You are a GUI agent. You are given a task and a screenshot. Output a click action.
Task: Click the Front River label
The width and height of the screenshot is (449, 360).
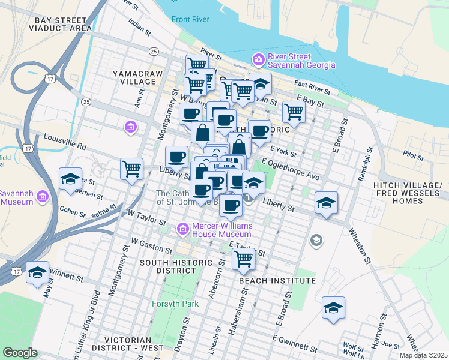pos(190,19)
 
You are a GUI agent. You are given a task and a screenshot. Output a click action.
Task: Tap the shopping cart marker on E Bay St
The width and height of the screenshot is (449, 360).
pos(294,111)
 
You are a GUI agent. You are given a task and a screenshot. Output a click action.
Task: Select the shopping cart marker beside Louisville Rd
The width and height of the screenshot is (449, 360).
pos(131,168)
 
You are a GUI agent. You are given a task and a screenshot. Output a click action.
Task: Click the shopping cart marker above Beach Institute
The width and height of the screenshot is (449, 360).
pos(243,259)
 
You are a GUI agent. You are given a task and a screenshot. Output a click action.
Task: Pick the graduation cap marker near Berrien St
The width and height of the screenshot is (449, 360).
pos(70,179)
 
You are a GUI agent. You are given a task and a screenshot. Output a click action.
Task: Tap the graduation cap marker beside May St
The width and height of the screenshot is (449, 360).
pos(37,273)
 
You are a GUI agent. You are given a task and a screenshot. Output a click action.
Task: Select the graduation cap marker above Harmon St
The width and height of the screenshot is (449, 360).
pos(333,308)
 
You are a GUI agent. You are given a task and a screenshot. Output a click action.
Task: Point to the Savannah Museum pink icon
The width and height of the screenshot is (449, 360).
pos(43,197)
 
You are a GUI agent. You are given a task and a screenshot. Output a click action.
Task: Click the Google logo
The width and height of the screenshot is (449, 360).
pos(20,353)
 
